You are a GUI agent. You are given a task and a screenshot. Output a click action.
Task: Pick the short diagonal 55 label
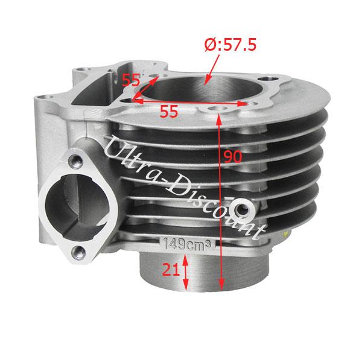coord(132,80)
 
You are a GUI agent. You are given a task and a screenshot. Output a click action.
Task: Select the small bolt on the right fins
coord(244,208)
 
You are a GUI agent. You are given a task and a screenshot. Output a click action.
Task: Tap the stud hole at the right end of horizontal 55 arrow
coord(244,104)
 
